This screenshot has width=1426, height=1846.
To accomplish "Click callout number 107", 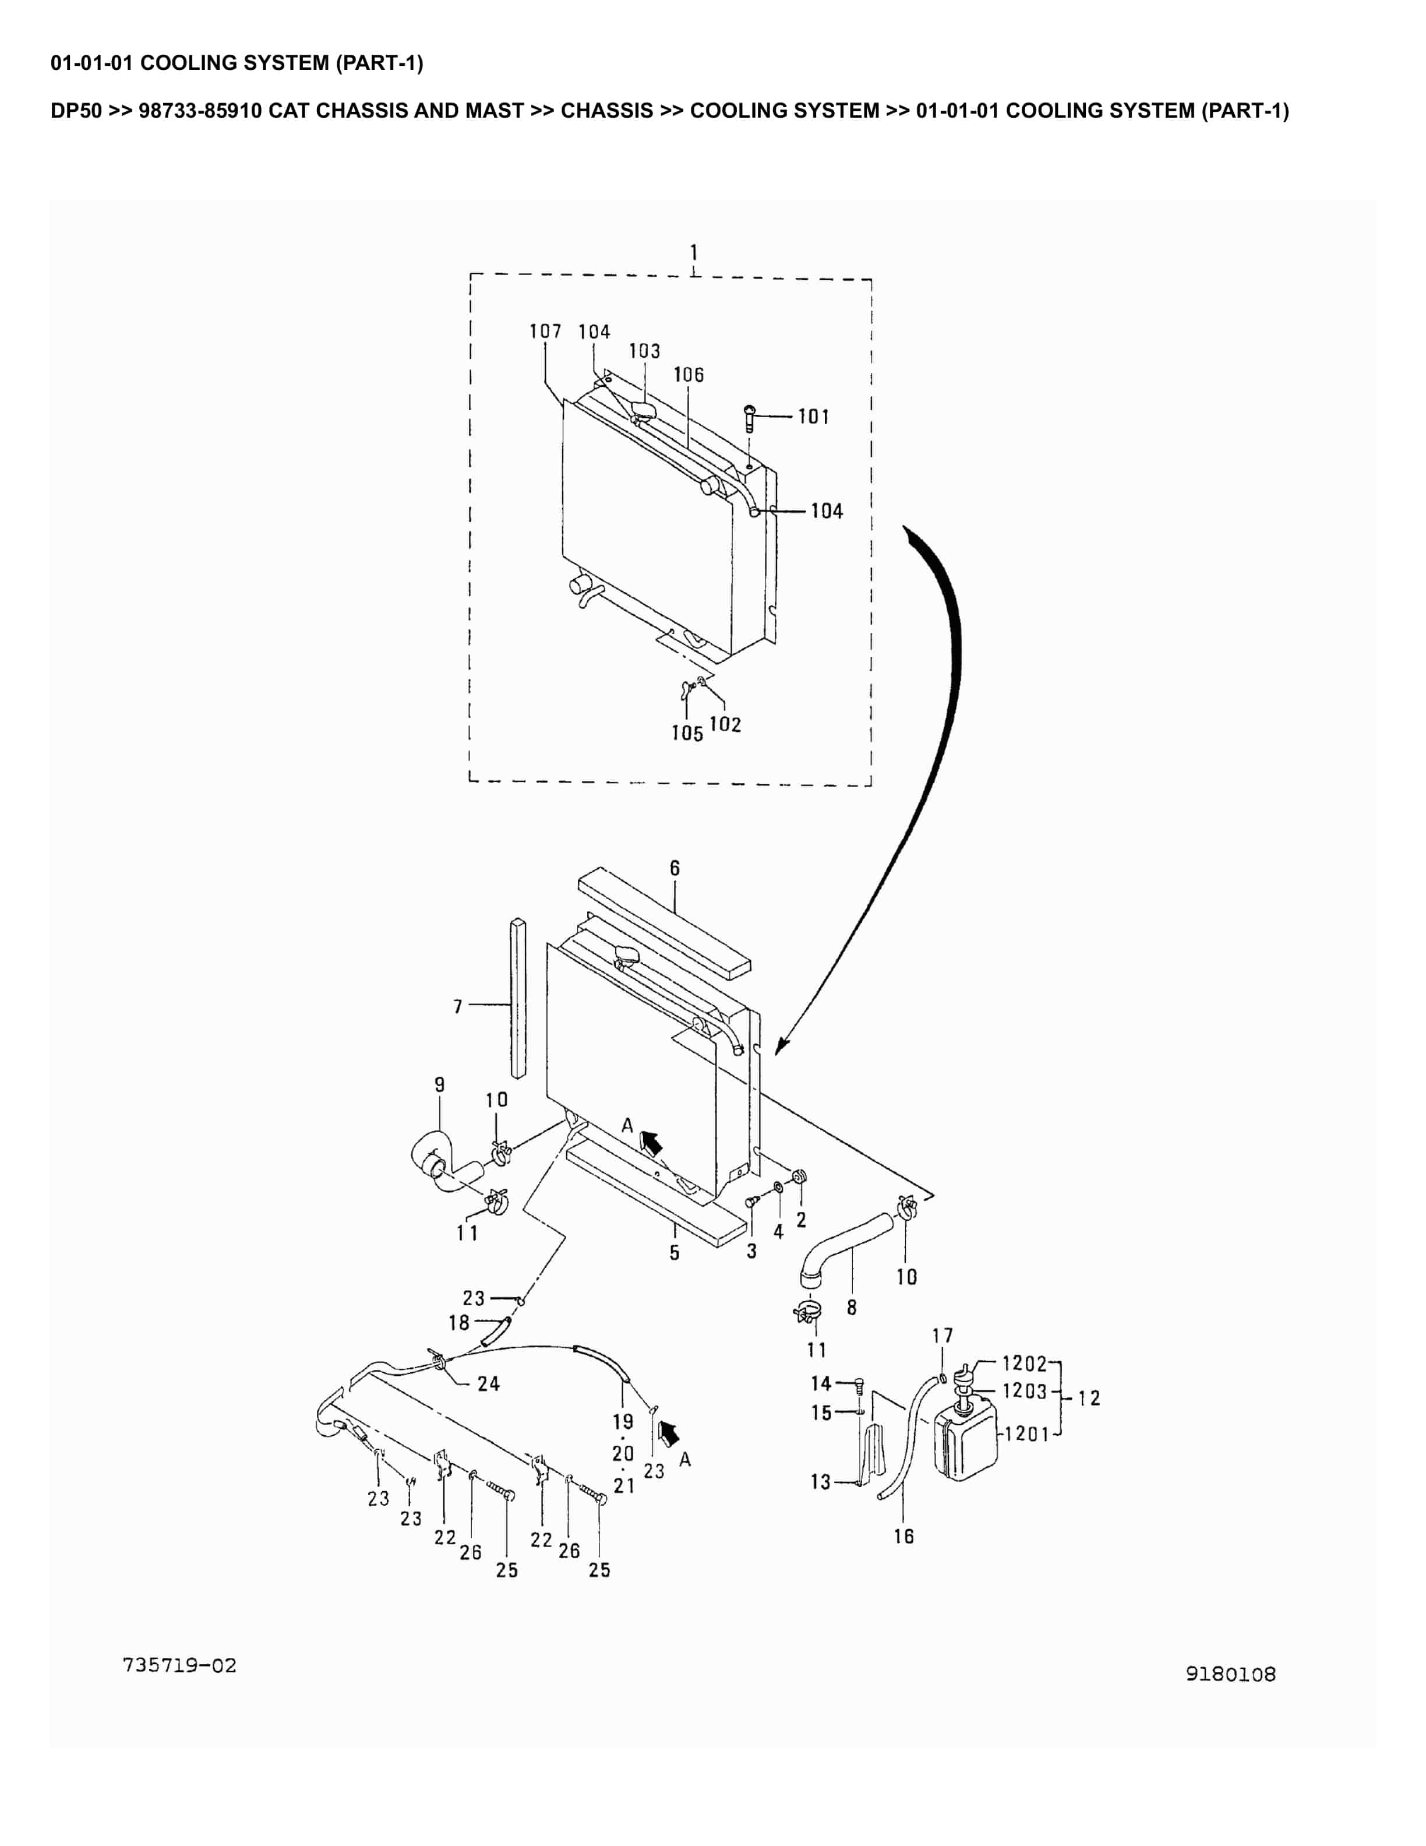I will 545,332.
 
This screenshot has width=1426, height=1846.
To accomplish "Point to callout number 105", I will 687,734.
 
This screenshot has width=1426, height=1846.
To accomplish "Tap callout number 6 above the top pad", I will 674,868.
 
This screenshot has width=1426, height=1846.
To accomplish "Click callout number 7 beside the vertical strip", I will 458,1006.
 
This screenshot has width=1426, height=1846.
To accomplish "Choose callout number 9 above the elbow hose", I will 439,1084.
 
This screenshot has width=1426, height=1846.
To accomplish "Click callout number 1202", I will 1024,1364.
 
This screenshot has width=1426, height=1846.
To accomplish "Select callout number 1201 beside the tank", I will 1026,1433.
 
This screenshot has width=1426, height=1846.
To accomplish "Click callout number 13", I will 820,1482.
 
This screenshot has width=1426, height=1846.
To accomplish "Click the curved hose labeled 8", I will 845,1246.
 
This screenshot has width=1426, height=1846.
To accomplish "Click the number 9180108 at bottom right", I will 1230,1674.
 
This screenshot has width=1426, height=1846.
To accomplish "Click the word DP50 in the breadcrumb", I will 76,111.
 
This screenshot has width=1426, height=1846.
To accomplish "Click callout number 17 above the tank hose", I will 942,1336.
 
